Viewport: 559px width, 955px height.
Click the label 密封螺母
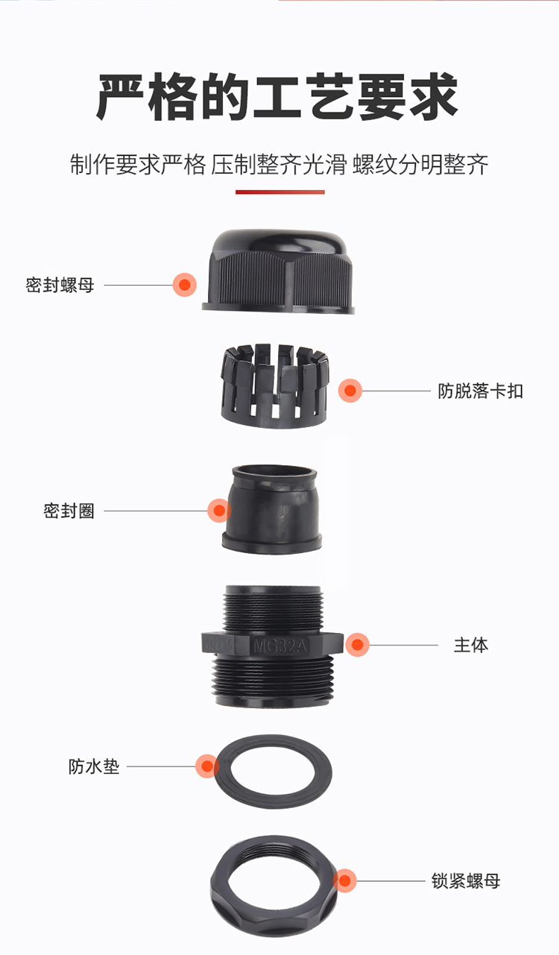60,285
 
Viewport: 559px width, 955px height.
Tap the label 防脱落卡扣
480,391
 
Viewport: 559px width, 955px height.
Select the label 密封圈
69,511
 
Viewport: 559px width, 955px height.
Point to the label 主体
471,645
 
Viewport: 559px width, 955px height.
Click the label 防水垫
94,766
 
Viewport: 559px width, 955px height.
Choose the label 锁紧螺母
466,880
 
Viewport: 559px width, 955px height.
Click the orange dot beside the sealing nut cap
185,285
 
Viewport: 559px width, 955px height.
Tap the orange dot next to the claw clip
350,391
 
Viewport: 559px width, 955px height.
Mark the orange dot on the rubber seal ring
219,511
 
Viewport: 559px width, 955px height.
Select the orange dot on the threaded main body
357,645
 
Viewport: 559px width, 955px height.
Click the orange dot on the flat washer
207,766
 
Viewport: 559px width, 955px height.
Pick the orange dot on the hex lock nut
344,880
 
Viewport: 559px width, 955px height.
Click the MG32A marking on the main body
280,646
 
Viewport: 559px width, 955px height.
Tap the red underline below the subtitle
280,192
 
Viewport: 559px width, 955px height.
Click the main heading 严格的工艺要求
277,97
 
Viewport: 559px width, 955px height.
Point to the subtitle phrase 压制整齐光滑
279,165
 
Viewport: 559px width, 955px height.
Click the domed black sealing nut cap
279,272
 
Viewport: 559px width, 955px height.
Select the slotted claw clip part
275,386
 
